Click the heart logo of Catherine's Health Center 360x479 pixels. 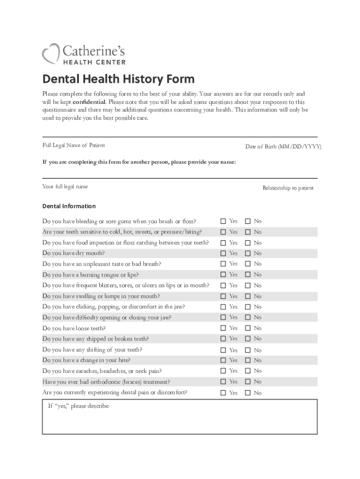tap(50, 53)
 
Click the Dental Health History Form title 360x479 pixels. tap(118, 79)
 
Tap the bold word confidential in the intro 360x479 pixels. tap(89, 102)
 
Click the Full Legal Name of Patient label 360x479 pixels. tap(74, 145)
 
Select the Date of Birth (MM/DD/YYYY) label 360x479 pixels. tap(283, 147)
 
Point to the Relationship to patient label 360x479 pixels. tap(288, 188)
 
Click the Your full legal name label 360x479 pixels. tap(65, 186)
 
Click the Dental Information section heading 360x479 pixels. tap(69, 206)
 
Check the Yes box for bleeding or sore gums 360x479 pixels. tap(223, 221)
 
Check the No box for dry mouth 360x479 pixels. tap(248, 254)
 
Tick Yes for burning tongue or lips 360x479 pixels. tap(223, 275)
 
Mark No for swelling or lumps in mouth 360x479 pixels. tap(248, 296)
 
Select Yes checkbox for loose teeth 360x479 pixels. tap(223, 328)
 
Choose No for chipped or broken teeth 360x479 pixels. tap(248, 339)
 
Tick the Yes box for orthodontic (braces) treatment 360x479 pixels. tap(223, 382)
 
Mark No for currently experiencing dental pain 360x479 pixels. tap(248, 393)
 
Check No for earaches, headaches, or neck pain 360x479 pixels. tap(248, 371)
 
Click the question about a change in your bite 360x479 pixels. tap(86, 360)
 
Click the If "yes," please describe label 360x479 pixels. tap(79, 406)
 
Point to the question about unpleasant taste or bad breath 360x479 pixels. tap(101, 264)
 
